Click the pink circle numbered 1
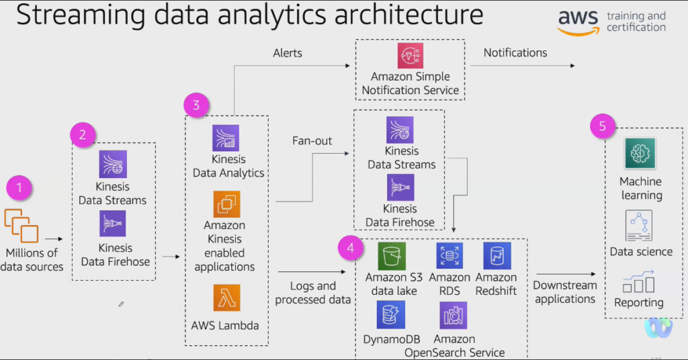(x=19, y=188)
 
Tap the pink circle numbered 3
(x=196, y=105)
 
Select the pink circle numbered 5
(x=602, y=126)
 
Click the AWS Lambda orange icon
(x=226, y=298)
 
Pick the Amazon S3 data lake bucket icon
(x=392, y=257)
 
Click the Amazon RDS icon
(x=449, y=257)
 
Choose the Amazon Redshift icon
(x=497, y=257)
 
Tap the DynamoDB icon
(x=390, y=314)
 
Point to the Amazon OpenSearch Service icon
(x=454, y=315)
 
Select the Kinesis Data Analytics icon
(x=226, y=138)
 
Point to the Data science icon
(x=639, y=226)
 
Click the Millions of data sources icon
(x=21, y=225)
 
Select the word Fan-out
(x=312, y=141)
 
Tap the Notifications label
(x=515, y=52)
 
